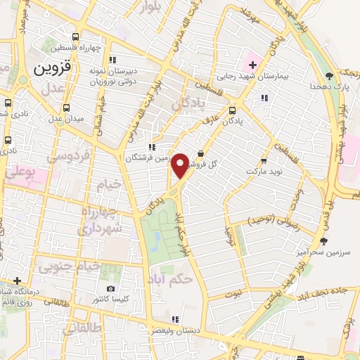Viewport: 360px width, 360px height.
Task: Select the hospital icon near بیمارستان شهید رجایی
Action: (252, 65)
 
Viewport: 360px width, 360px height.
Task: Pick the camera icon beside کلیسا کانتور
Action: (110, 288)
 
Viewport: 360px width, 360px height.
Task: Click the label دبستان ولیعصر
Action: (179, 330)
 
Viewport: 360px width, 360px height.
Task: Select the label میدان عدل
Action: (66, 118)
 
